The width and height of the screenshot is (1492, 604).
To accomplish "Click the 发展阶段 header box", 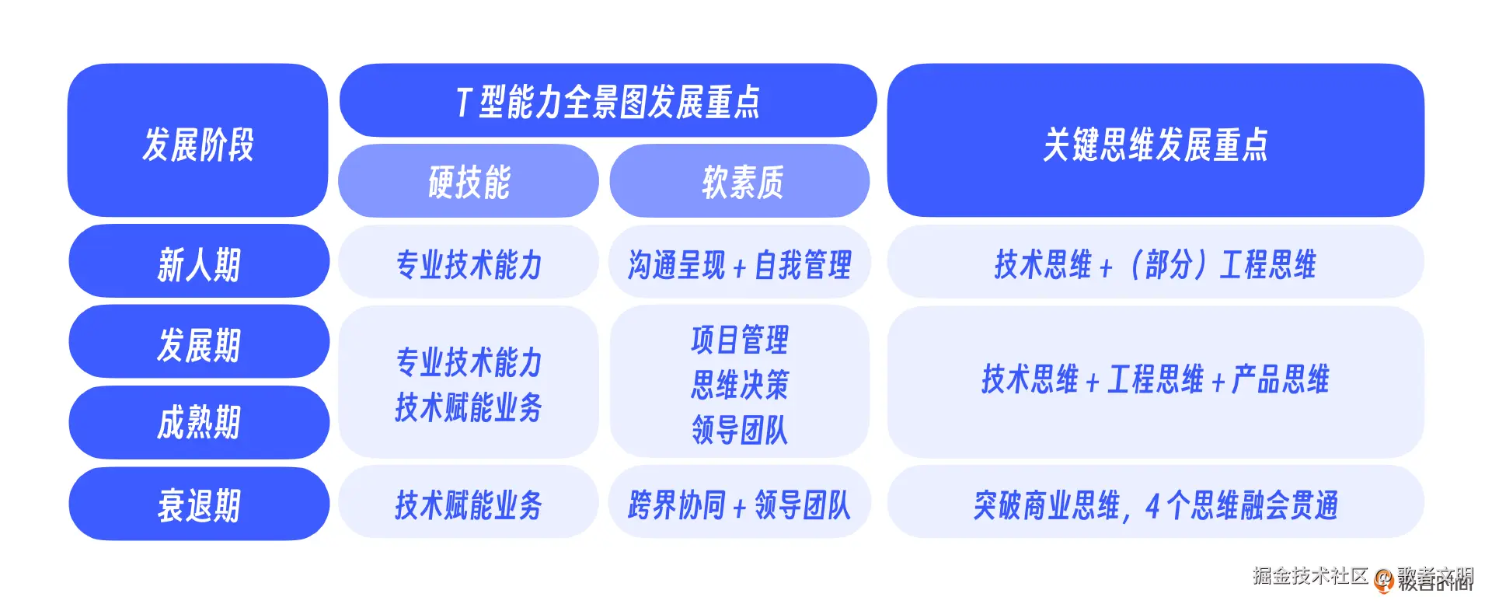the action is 197,141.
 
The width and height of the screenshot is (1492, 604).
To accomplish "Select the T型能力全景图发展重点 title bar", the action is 608,101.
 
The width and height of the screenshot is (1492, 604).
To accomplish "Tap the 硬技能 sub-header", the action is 469,182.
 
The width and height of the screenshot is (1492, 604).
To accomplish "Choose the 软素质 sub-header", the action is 741,182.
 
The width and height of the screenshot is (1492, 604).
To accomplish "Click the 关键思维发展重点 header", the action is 1155,143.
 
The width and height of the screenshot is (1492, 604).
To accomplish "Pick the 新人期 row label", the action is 199,263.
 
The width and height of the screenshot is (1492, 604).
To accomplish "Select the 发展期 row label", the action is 199,343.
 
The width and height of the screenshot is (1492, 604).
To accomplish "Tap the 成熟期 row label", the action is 199,422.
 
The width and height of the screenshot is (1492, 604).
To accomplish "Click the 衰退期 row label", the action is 199,504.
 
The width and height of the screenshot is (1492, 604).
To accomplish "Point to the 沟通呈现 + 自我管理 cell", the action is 739,264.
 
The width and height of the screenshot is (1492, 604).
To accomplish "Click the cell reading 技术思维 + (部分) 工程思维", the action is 1155,264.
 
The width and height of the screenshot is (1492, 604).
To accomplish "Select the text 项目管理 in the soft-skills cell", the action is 739,340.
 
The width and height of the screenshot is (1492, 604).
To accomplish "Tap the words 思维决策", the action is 739,384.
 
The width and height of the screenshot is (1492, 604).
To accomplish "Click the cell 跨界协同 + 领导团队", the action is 739,504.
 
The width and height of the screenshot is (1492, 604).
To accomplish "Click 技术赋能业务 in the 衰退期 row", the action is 469,504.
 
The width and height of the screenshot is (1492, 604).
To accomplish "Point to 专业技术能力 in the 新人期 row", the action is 469,264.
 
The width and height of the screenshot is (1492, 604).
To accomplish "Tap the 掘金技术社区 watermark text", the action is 1309,575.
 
